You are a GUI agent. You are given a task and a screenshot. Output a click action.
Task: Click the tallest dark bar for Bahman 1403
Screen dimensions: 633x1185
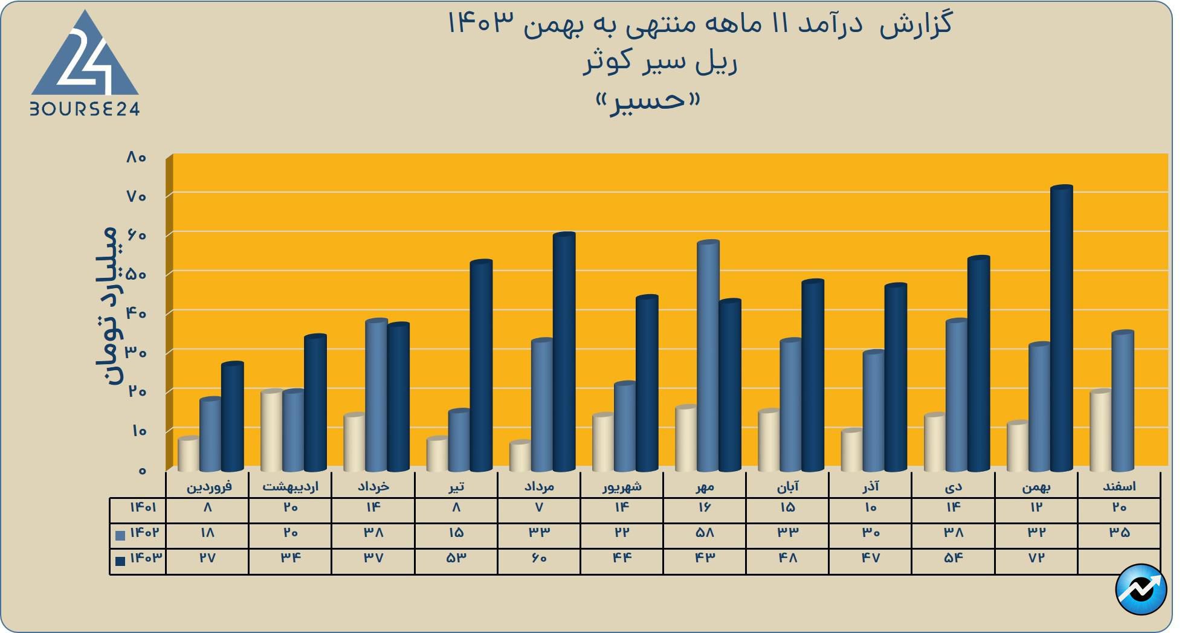(1061, 329)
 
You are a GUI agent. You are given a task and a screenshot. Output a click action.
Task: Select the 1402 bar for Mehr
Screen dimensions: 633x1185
(708, 356)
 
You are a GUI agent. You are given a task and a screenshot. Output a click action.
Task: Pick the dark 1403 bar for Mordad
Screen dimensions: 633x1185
(564, 352)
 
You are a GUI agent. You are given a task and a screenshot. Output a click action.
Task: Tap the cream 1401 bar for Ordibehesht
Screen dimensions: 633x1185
(271, 431)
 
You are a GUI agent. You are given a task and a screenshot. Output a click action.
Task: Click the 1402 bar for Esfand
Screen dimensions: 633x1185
(1122, 401)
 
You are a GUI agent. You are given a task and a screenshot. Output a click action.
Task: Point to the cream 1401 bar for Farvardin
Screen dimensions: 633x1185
(189, 454)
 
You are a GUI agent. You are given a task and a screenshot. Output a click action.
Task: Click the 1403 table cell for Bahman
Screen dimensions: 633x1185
(1036, 558)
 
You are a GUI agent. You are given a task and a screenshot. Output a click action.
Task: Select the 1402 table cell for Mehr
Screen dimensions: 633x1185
(705, 533)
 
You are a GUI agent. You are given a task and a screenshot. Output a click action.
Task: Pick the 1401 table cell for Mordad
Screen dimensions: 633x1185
(539, 507)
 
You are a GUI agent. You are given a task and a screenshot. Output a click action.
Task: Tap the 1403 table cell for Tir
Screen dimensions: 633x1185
(456, 558)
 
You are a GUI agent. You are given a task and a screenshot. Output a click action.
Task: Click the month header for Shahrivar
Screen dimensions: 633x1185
(622, 486)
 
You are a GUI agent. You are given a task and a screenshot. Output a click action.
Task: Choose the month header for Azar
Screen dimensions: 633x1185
(870, 486)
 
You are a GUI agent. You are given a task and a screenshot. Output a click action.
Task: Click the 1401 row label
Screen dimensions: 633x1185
(143, 507)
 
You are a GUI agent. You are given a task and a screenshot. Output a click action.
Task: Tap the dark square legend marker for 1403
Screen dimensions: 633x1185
(120, 561)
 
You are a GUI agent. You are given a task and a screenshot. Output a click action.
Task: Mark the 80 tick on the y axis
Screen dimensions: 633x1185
(137, 157)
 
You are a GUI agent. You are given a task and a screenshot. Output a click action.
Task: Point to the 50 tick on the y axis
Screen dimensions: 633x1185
(137, 274)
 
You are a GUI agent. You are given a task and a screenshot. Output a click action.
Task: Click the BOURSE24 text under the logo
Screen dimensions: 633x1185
(85, 109)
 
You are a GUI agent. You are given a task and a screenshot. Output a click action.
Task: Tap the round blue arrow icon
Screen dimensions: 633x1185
(1141, 590)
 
